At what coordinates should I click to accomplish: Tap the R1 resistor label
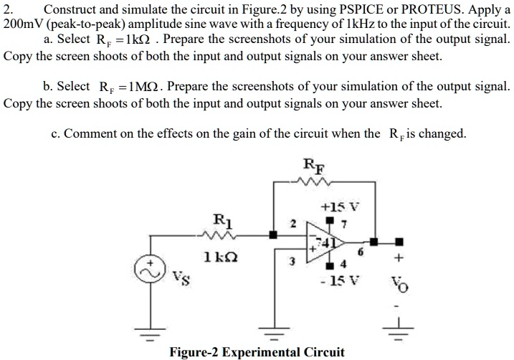pos(222,219)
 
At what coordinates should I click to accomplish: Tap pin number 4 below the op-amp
pos(343,262)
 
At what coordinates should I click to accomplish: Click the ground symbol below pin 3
pos(273,334)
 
